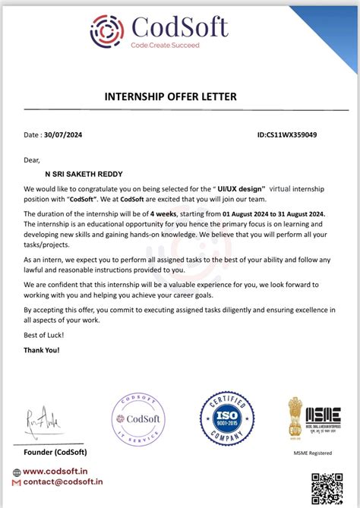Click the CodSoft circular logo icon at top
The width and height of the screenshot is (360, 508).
point(107,30)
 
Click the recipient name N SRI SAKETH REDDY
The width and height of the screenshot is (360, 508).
point(83,173)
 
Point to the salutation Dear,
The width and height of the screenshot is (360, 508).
point(32,159)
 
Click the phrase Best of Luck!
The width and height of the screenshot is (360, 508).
point(44,335)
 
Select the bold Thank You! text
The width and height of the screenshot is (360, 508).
point(42,350)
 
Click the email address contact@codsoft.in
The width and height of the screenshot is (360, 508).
point(63,481)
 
